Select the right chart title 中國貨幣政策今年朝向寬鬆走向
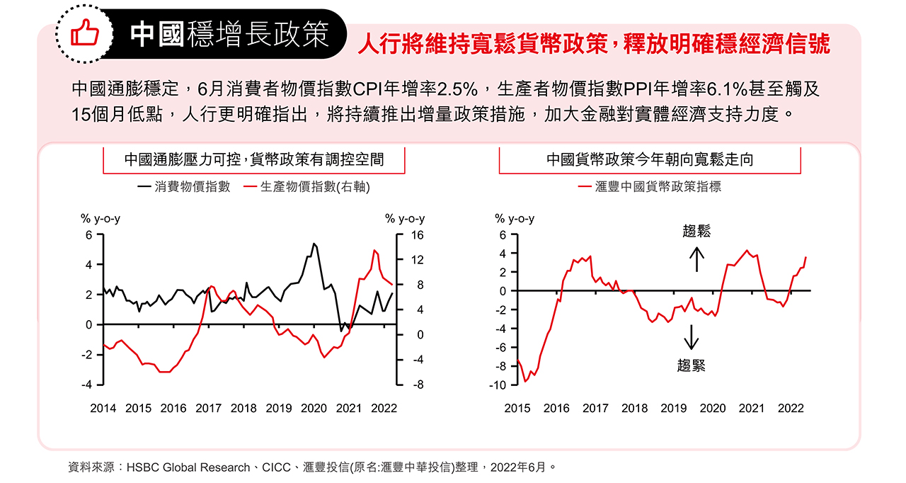tap(650, 159)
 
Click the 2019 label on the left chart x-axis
tap(278, 409)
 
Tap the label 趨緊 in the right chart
tap(692, 365)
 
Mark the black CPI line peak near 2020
tap(314, 244)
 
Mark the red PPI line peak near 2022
tap(374, 250)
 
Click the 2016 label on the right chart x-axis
tap(556, 409)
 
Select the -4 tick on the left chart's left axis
tap(88, 385)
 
